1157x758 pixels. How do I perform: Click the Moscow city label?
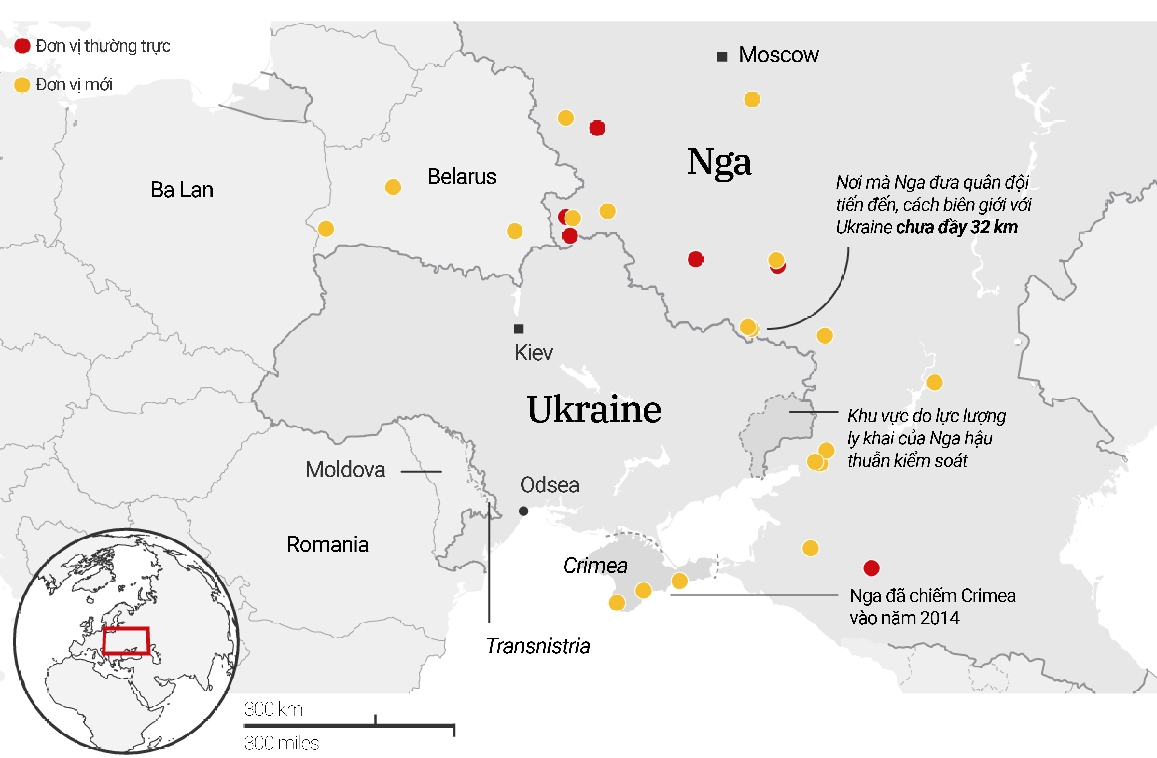click(x=778, y=55)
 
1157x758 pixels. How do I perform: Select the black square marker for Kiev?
click(x=519, y=329)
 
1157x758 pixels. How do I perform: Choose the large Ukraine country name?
click(x=594, y=410)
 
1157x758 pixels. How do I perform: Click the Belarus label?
click(x=461, y=176)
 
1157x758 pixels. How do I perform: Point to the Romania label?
click(x=327, y=545)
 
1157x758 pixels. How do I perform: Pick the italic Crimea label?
click(x=595, y=565)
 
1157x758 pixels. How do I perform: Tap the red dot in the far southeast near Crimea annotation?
click(x=871, y=568)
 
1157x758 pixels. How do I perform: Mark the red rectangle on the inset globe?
click(x=126, y=641)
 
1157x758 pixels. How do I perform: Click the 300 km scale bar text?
click(x=273, y=709)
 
